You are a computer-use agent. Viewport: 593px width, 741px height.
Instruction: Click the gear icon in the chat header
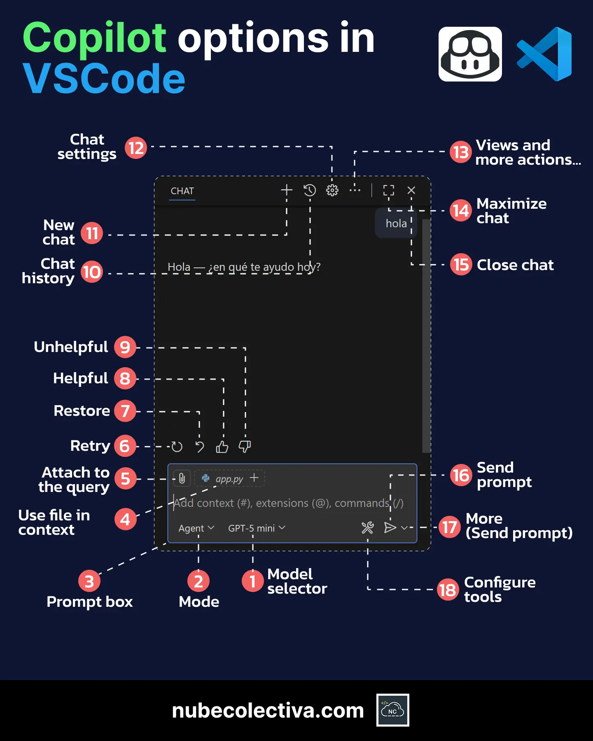332,190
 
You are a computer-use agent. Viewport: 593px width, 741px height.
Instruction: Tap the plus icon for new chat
287,190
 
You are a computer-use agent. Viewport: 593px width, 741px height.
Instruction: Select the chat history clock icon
310,190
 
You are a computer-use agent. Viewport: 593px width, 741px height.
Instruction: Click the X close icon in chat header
411,190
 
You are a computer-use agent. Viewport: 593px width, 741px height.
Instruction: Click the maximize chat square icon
388,190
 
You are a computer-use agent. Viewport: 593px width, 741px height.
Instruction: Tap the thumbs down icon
245,447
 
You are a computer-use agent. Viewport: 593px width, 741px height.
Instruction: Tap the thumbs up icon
222,447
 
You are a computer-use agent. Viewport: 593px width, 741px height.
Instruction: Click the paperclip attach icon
182,478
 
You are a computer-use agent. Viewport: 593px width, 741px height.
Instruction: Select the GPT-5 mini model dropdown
256,528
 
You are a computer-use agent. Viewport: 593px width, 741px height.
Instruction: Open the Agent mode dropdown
196,528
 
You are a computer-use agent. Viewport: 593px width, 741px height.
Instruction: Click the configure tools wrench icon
367,528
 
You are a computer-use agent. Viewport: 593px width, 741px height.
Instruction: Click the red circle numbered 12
136,148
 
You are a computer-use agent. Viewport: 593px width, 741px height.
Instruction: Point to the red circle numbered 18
448,590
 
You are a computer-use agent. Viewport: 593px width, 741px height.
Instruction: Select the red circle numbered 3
89,581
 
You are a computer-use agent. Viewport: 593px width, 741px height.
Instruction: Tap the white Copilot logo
470,54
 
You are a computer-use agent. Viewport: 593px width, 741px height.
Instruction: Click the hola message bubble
396,224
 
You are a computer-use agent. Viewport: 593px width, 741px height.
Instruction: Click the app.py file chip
224,479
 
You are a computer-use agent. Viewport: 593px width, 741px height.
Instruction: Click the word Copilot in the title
95,38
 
